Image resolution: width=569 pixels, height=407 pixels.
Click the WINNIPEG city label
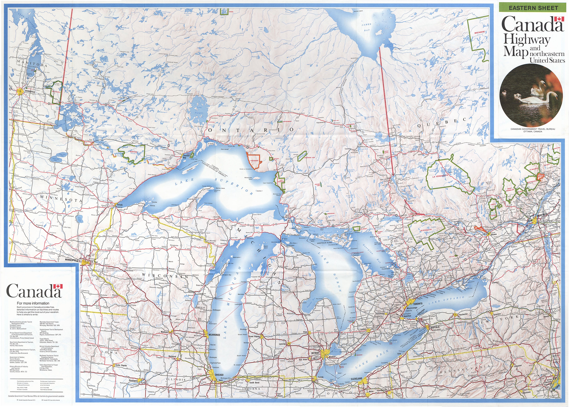[30, 92]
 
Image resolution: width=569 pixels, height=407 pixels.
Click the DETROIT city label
[315, 353]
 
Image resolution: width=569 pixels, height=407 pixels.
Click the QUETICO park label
[133, 152]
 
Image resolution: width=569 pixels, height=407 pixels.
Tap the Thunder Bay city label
[186, 156]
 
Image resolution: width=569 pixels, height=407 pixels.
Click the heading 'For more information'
[33, 303]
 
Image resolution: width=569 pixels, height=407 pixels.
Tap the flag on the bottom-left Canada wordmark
[58, 286]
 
